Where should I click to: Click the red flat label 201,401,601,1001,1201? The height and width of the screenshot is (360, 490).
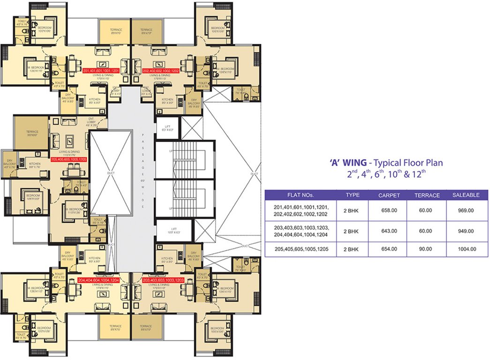(101, 71)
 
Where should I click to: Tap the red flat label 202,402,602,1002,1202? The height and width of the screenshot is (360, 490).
(161, 71)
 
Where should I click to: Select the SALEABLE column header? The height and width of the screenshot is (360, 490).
(466, 195)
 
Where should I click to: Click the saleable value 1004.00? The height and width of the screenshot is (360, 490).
(467, 249)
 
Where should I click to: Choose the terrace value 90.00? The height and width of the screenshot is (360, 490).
(426, 249)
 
